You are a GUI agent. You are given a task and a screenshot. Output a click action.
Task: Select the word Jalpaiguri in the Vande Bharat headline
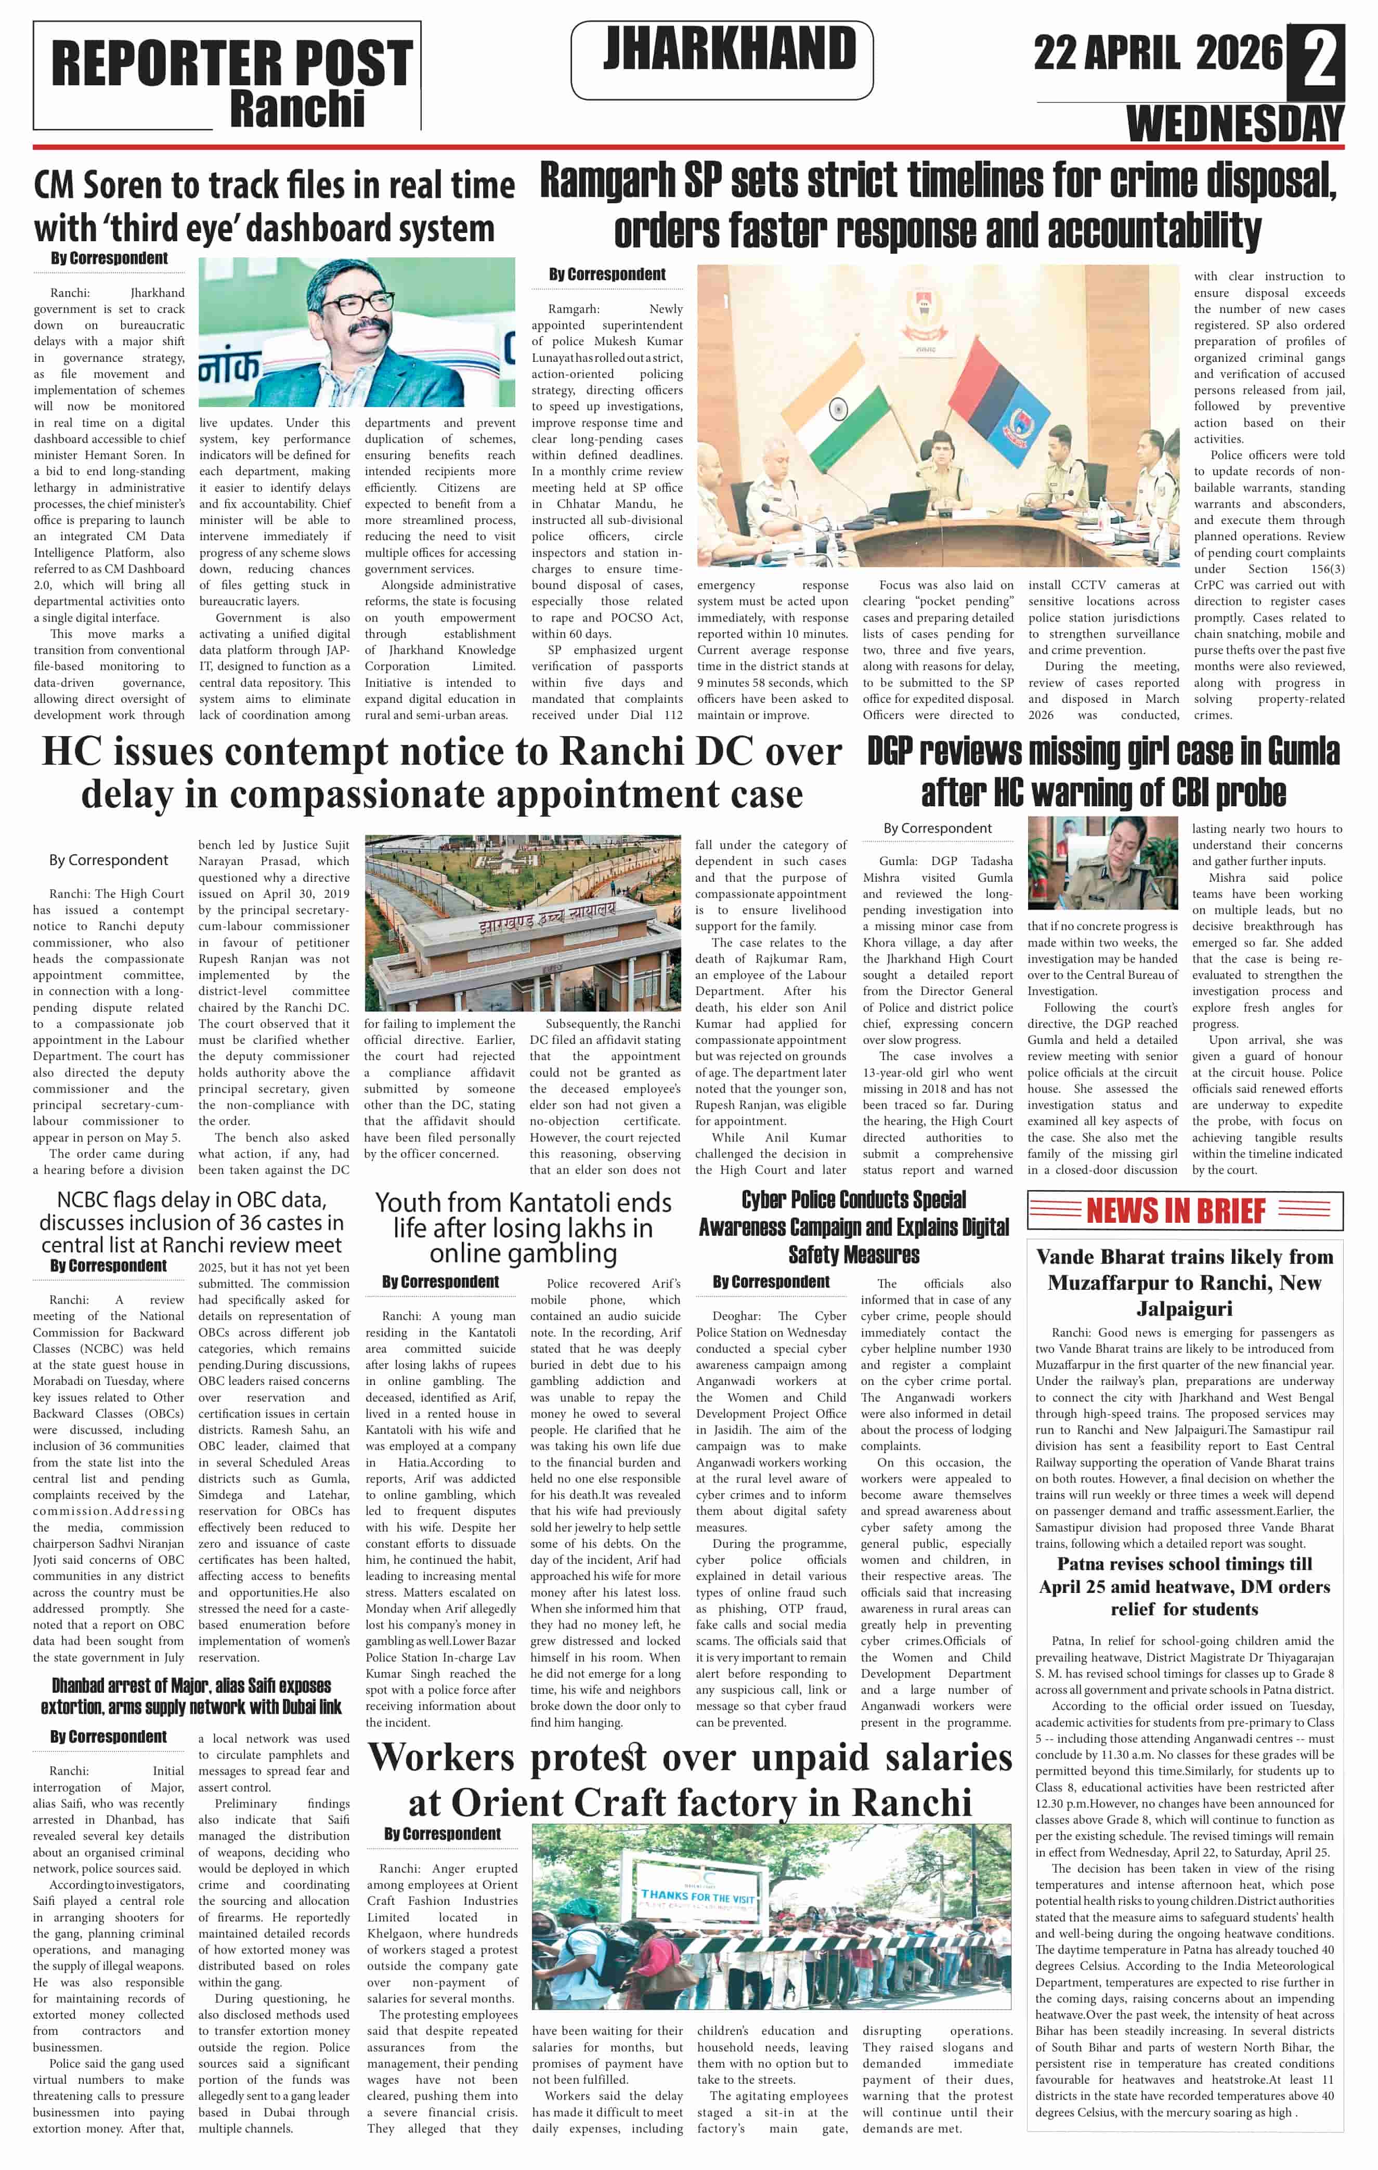point(1184,1308)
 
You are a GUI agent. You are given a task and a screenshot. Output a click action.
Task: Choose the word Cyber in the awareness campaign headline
point(764,1199)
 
